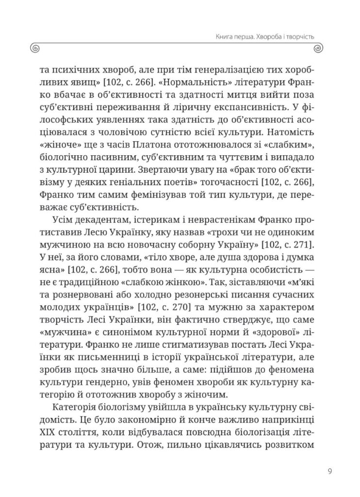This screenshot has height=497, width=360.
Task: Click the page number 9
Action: (x=329, y=470)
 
